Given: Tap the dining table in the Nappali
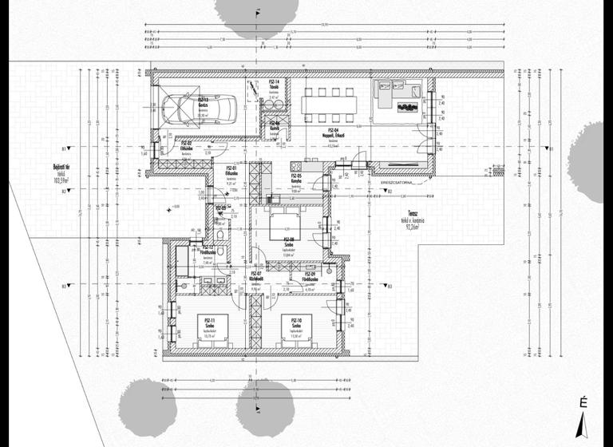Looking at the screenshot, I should tap(326, 103).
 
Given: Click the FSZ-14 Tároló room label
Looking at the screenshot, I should tap(273, 83).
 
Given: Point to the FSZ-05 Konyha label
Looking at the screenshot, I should tap(296, 178).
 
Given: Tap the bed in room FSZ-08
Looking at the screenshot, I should tap(285, 226).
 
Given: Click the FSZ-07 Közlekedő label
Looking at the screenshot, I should tap(256, 275).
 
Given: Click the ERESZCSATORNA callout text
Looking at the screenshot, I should tap(396, 182).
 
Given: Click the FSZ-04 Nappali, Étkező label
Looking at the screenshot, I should tap(333, 132).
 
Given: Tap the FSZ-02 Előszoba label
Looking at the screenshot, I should tap(188, 146).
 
